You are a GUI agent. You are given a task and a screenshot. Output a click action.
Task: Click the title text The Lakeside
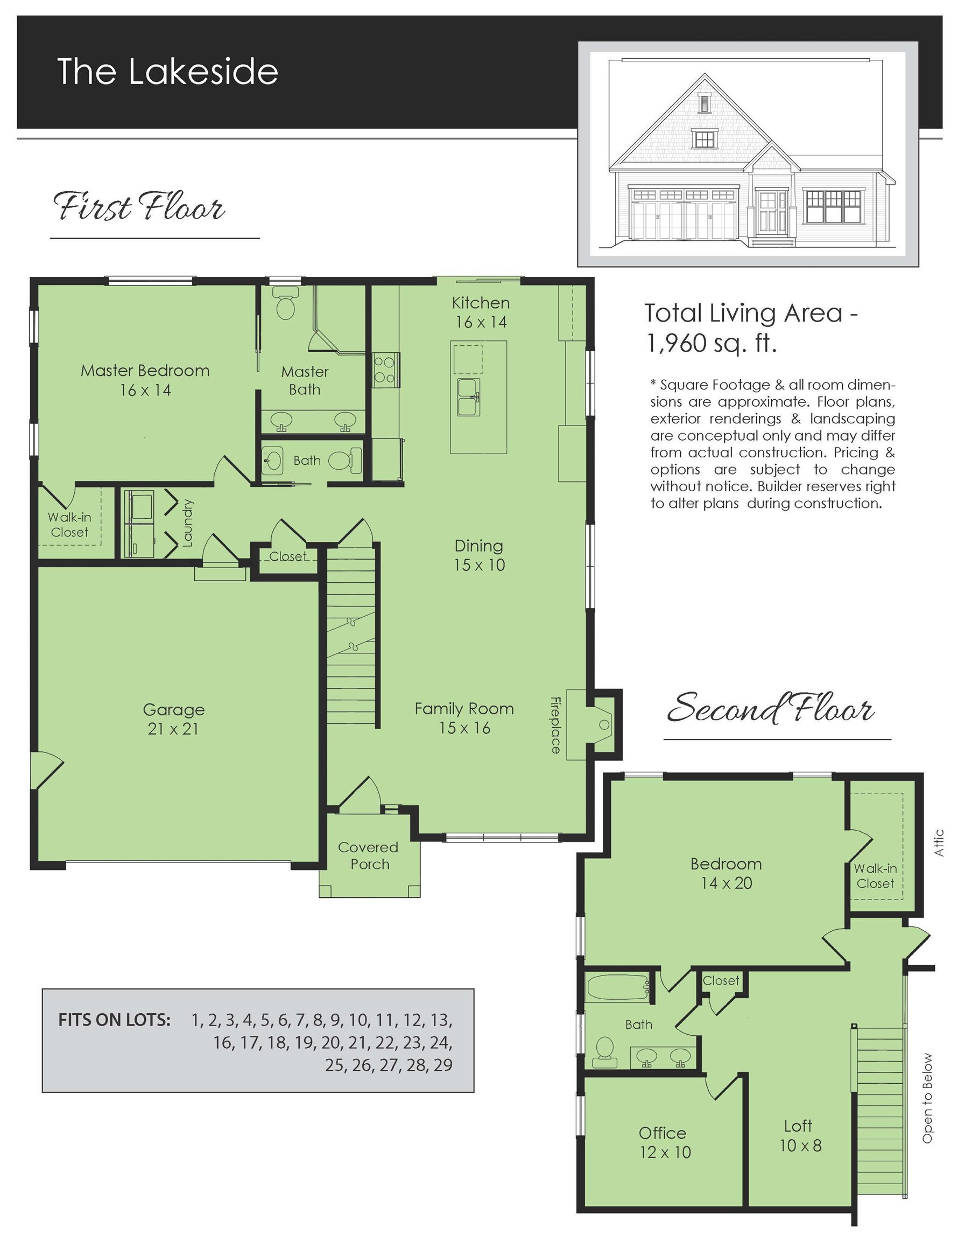(x=167, y=72)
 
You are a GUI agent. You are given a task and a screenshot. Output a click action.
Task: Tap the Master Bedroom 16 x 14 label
(x=145, y=380)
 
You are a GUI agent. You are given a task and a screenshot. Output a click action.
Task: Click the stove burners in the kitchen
(x=385, y=369)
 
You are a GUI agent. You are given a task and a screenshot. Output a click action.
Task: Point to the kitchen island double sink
(x=468, y=396)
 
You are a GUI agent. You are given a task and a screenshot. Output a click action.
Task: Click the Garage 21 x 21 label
(x=173, y=719)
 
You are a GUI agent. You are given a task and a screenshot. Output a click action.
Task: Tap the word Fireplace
(x=555, y=724)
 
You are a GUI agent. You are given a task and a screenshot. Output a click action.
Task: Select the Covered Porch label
(x=369, y=855)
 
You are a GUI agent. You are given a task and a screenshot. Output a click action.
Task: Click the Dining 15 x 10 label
(x=478, y=555)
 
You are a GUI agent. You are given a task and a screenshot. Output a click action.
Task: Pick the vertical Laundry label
(x=188, y=523)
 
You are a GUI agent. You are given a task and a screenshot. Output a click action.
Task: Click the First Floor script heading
(x=139, y=207)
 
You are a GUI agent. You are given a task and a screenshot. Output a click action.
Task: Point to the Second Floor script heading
(x=770, y=709)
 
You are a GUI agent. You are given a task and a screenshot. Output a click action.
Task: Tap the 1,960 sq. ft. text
(x=711, y=343)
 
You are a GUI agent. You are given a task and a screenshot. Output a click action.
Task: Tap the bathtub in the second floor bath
(x=618, y=987)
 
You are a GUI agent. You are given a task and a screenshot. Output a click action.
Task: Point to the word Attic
(x=939, y=842)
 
